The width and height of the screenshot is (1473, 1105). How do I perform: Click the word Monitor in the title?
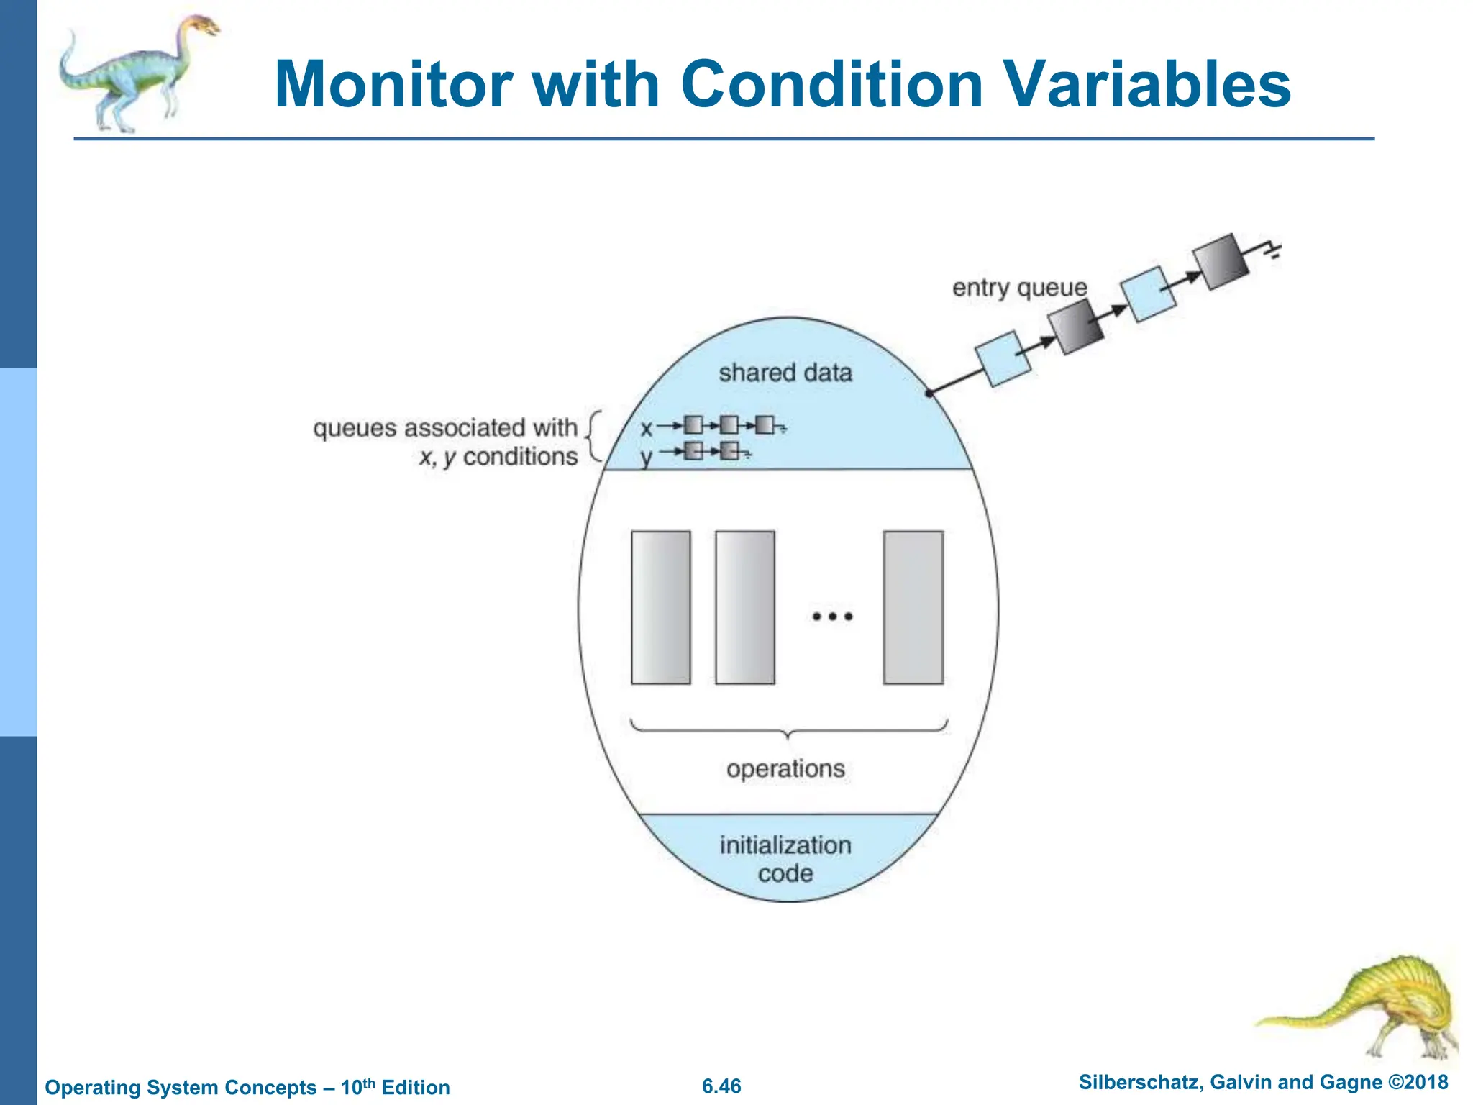pyautogui.click(x=393, y=85)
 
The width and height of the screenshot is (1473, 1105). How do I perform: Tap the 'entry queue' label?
pyautogui.click(x=1019, y=288)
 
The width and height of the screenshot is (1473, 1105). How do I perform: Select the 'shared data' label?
pyautogui.click(x=785, y=373)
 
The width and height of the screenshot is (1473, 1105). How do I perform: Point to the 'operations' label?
pyautogui.click(x=785, y=769)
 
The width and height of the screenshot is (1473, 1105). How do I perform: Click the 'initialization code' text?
pyautogui.click(x=785, y=859)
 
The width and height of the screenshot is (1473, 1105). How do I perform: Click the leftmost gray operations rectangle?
pyautogui.click(x=660, y=607)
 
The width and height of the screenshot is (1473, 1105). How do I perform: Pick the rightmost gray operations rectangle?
pyautogui.click(x=913, y=607)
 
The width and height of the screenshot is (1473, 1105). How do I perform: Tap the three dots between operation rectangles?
pyautogui.click(x=832, y=617)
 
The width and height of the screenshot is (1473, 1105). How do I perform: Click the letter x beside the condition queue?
pyautogui.click(x=646, y=429)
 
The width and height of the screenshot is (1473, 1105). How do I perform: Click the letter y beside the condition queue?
pyautogui.click(x=646, y=456)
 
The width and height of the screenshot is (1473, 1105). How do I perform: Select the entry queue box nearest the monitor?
pyautogui.click(x=1003, y=358)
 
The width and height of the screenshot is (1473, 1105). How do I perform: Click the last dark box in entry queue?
pyautogui.click(x=1220, y=262)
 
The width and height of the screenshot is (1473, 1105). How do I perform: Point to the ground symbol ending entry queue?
pyautogui.click(x=1274, y=251)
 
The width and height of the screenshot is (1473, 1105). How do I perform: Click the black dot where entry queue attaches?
pyautogui.click(x=929, y=393)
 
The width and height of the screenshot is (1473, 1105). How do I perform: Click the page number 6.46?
pyautogui.click(x=721, y=1086)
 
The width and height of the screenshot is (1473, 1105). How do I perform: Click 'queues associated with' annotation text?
pyautogui.click(x=445, y=428)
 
